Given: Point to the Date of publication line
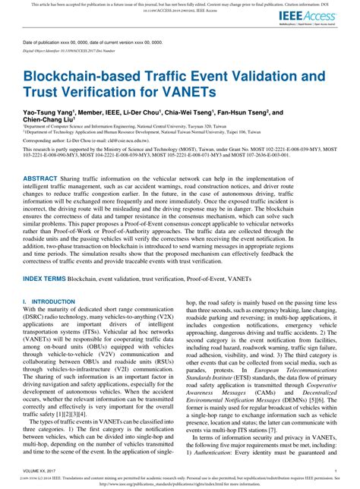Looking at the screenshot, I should tap(92, 43).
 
